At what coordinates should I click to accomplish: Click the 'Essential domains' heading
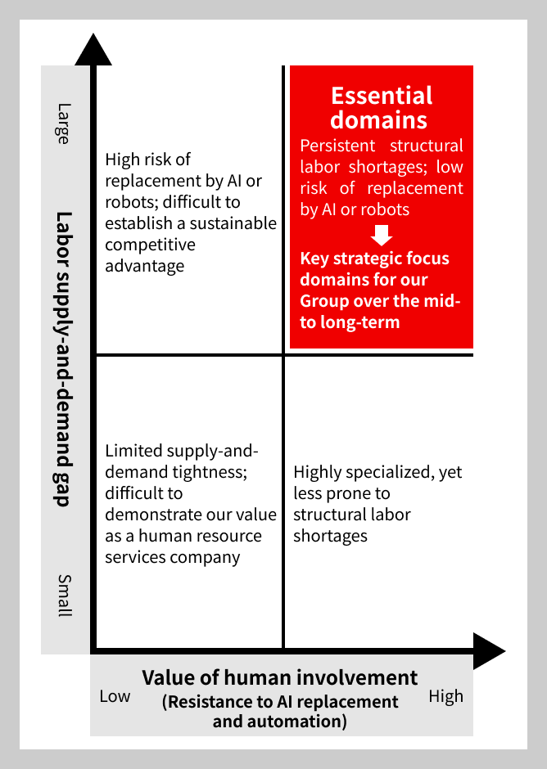coord(381,108)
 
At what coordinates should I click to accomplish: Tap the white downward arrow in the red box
coord(382,236)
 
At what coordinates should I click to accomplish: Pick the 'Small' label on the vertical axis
coord(65,596)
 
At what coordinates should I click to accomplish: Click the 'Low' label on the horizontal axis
coord(115,696)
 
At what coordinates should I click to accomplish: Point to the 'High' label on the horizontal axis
coord(445,696)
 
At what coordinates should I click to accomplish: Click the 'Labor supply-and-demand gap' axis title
coord(63,359)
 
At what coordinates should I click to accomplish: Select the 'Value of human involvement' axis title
coord(280,677)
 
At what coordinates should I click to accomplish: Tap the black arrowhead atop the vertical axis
coord(93,49)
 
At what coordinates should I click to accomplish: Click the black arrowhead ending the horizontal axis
coord(489,651)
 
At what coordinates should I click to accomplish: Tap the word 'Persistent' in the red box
coord(338,146)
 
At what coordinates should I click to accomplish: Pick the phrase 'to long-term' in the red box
coord(350,322)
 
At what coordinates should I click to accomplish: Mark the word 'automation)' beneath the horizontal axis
coord(279,722)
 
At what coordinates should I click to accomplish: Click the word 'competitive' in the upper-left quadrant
coord(150,245)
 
